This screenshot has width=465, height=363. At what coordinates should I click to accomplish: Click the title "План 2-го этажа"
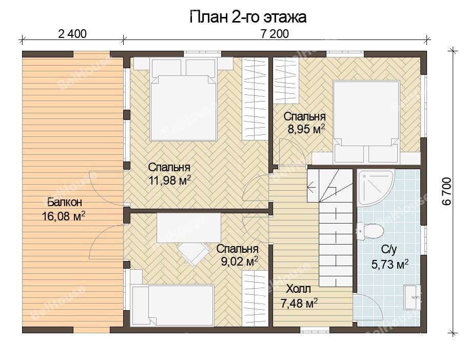[x=247, y=17]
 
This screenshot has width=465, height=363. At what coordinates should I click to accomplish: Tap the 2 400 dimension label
[x=72, y=34]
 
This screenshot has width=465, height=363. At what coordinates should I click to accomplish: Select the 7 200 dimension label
[x=275, y=34]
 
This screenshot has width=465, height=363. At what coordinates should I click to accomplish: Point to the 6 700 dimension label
[x=447, y=191]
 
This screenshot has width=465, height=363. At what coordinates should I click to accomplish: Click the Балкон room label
[x=65, y=203]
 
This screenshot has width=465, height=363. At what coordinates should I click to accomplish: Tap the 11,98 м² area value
[x=169, y=180]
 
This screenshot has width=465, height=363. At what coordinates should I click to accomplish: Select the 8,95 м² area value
[x=306, y=129]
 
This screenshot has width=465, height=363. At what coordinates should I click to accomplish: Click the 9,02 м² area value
[x=240, y=261]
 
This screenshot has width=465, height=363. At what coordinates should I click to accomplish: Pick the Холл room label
[x=298, y=289]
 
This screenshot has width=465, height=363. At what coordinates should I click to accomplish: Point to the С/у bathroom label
[x=389, y=250]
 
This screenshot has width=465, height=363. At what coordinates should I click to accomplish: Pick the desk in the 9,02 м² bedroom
[x=188, y=228]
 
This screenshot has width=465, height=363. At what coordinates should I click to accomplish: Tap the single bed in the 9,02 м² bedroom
[x=173, y=305]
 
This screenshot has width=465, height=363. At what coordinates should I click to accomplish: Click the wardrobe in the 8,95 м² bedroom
[x=285, y=80]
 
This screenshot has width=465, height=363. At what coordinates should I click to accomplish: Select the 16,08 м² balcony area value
[x=64, y=216]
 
